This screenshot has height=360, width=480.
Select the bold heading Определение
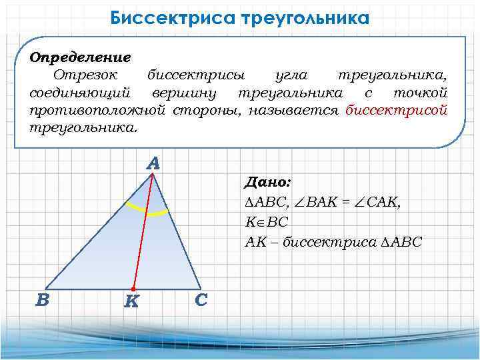point(80,57)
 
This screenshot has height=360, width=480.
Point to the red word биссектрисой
point(396,109)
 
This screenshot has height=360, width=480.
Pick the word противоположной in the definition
point(98,109)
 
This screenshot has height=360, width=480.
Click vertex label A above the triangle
point(153,163)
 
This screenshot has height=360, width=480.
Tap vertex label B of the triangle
point(42,299)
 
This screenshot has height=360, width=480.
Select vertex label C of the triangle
point(201,299)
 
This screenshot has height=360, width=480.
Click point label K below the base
point(131,302)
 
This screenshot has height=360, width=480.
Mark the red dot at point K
point(134,288)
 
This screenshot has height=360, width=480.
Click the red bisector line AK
point(143,230)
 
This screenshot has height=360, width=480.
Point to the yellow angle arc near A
point(147,211)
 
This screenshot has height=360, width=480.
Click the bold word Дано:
point(267,182)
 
